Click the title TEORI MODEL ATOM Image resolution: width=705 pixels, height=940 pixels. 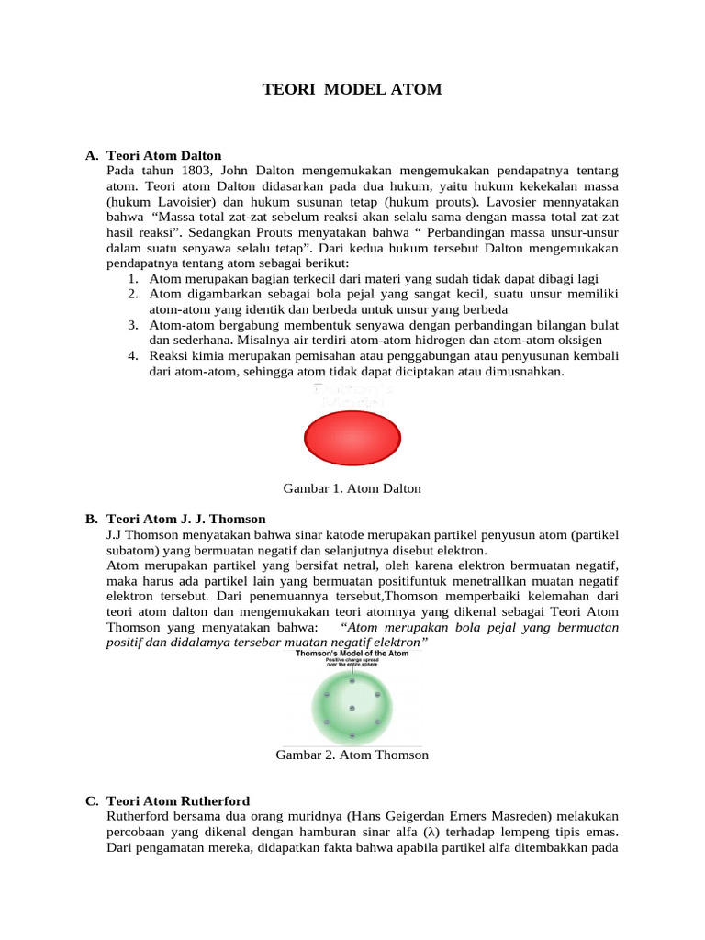tap(352, 89)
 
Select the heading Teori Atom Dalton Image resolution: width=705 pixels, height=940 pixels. tap(164, 156)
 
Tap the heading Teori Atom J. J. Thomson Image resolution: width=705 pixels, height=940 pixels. tap(186, 519)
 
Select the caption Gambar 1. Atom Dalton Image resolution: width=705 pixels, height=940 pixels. tap(352, 488)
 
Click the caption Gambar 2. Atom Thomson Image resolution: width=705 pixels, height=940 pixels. tap(352, 755)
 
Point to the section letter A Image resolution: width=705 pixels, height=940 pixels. tap(91, 156)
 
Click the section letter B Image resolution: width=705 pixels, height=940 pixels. tap(91, 519)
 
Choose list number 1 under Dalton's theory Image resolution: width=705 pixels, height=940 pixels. tap(133, 278)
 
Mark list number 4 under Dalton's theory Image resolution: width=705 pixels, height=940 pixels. tap(133, 355)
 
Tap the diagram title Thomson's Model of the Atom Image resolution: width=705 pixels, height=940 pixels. tap(352, 654)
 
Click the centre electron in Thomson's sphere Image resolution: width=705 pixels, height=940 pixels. tap(352, 709)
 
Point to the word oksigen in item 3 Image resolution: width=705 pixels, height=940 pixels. tap(577, 340)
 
